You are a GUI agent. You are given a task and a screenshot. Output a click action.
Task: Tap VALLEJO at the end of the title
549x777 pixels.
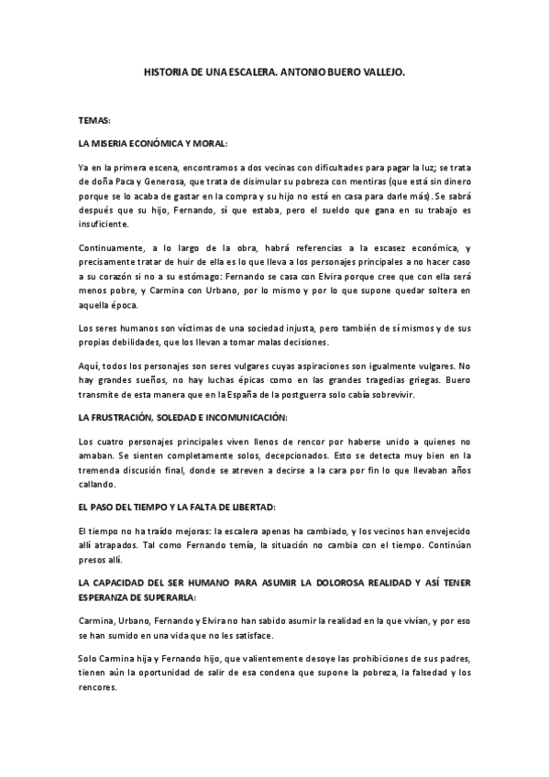click(x=378, y=70)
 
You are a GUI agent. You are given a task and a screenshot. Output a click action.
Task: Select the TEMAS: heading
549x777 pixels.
click(x=94, y=120)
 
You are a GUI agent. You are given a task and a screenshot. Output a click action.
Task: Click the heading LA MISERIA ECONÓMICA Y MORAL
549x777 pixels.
click(x=153, y=145)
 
